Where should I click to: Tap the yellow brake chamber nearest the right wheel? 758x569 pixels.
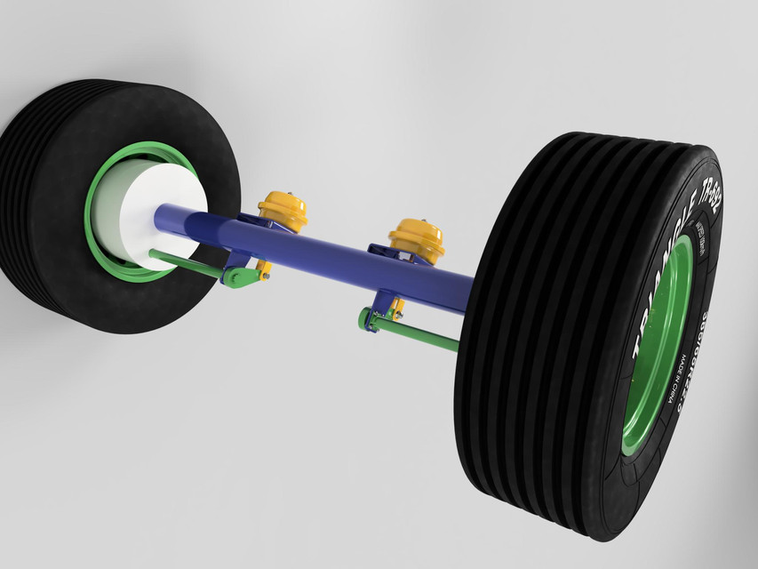click(x=417, y=238)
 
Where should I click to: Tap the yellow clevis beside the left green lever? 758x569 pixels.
click(x=264, y=267)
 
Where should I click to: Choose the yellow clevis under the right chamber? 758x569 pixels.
click(x=396, y=309)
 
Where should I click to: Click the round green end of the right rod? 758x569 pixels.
click(x=365, y=318)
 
